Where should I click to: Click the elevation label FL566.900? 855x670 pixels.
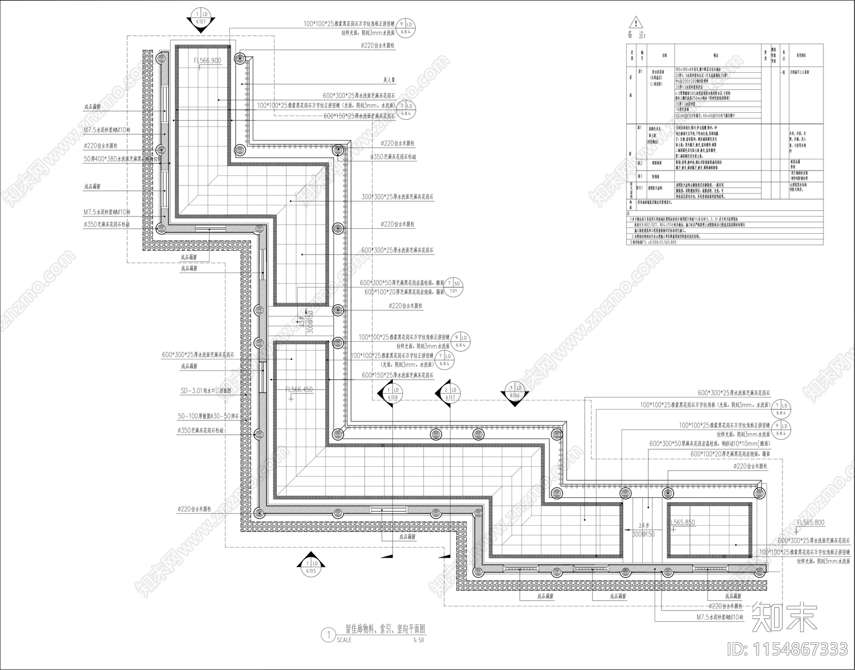[207, 61]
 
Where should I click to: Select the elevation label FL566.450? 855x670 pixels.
[299, 390]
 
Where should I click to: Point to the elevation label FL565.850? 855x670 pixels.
[682, 522]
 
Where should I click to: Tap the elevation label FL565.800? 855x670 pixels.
[810, 522]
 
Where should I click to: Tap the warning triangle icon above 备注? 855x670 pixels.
[635, 23]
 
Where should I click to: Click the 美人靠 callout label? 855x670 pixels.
[388, 80]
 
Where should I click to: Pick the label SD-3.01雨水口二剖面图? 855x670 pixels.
[206, 391]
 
